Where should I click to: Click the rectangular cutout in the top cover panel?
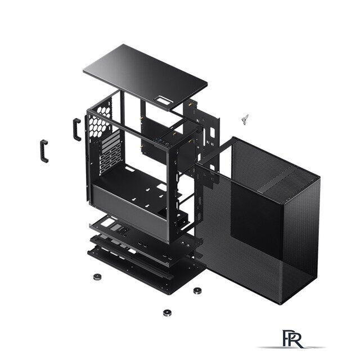161,100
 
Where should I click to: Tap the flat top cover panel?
145,77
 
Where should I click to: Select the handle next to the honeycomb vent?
77,129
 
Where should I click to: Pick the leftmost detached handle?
44,151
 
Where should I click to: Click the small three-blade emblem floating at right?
245,119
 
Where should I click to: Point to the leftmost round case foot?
97,277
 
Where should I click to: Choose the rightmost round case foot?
197,291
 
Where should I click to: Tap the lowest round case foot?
167,313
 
